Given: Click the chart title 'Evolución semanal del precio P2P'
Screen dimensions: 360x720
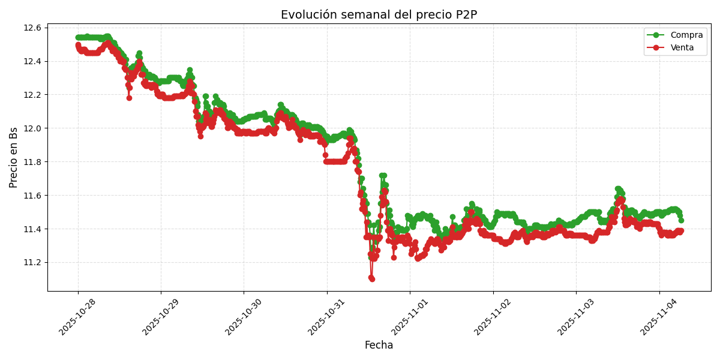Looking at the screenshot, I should pyautogui.click(x=379, y=15).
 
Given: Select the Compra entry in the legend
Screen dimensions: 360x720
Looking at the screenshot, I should pyautogui.click(x=682, y=35).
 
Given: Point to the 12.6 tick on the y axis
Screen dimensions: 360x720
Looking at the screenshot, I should pyautogui.click(x=32, y=28).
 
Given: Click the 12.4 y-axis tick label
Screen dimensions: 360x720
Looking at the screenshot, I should pyautogui.click(x=32, y=61).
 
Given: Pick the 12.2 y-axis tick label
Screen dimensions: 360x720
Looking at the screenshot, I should pyautogui.click(x=32, y=95).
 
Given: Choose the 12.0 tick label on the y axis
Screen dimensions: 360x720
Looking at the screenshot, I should pyautogui.click(x=32, y=128).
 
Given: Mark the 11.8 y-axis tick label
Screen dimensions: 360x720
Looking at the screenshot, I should pyautogui.click(x=32, y=162).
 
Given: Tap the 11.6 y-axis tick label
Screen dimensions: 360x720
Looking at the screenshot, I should pyautogui.click(x=32, y=196).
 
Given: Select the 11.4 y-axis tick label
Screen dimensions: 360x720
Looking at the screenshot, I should pyautogui.click(x=32, y=229).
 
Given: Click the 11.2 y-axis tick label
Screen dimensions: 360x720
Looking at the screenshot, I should pyautogui.click(x=32, y=263).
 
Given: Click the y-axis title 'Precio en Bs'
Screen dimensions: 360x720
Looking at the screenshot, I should pyautogui.click(x=14, y=157).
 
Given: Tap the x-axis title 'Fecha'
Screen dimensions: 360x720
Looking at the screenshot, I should pyautogui.click(x=379, y=346).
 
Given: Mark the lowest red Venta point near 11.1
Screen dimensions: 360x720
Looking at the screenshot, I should pyautogui.click(x=372, y=279).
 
